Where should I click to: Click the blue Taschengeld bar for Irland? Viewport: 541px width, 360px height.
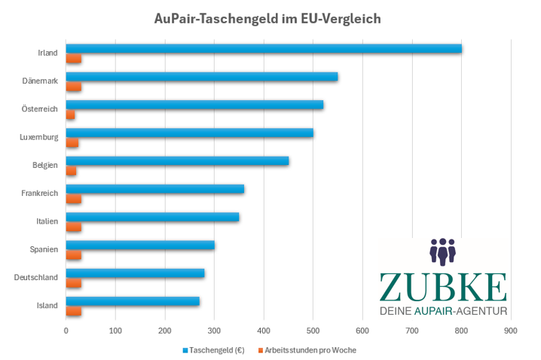(264, 49)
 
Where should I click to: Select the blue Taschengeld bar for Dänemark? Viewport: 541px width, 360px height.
(202, 77)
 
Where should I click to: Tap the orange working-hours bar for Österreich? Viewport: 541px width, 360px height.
(70, 114)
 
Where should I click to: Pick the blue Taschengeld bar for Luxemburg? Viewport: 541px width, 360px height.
(189, 133)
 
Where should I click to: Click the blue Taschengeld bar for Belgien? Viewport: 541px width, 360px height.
(177, 161)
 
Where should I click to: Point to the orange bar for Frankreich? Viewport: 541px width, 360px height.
(73, 199)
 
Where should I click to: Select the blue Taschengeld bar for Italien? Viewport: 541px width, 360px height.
(152, 217)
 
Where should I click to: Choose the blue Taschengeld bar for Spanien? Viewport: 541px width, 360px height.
(140, 245)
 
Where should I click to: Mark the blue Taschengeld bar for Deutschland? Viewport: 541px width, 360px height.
(135, 273)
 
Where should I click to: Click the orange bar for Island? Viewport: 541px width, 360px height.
(73, 311)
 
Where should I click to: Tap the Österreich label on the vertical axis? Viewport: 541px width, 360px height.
(40, 109)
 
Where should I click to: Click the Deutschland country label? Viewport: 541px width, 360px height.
(36, 278)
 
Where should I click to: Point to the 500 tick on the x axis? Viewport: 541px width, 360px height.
(313, 331)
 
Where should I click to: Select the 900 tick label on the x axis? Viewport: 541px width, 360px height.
(511, 331)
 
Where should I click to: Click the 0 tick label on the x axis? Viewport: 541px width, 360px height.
(66, 331)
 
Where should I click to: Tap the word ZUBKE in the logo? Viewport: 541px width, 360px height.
(442, 287)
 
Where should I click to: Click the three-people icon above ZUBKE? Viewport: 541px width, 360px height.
(443, 252)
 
